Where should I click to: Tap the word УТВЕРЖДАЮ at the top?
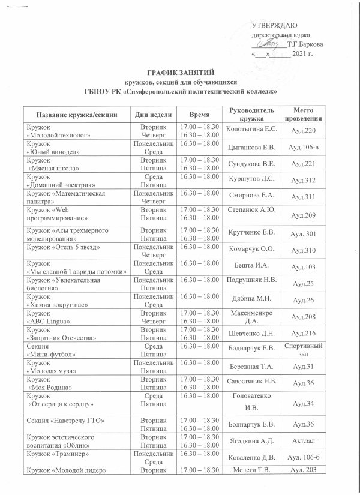click(272, 25)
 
